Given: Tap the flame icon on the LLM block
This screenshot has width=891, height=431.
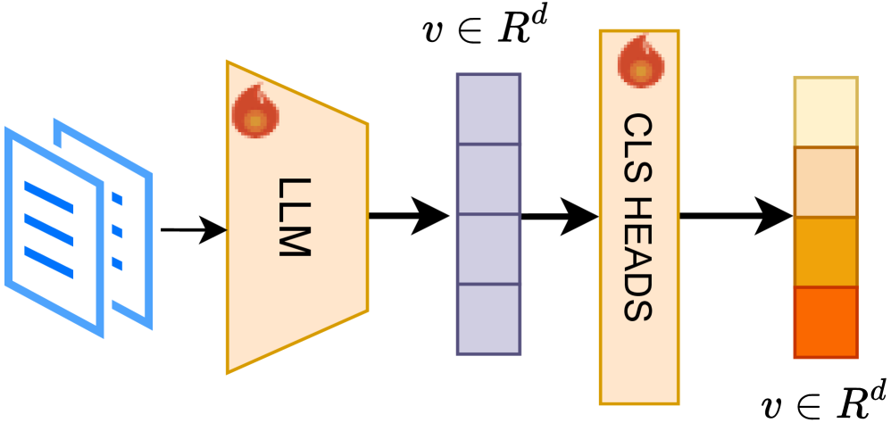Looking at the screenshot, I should pos(255,109).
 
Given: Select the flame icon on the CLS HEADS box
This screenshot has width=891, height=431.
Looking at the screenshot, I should pos(637,62).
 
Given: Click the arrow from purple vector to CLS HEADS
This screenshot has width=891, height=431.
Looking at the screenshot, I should pos(559,215).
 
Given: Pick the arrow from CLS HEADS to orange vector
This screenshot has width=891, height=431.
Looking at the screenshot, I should pos(736,215).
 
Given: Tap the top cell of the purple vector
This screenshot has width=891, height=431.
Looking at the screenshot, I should pos(488,108).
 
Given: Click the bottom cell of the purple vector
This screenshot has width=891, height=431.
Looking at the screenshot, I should pos(488,319).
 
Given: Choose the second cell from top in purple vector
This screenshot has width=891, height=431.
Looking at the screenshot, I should pos(488,178).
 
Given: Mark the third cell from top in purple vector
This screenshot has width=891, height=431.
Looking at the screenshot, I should pos(488,249).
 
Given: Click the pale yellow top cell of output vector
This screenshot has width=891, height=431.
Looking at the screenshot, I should pos(825,112).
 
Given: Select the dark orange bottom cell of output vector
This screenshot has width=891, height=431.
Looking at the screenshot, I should pos(825,322).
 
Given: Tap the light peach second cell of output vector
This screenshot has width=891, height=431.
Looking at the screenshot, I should pos(825,182).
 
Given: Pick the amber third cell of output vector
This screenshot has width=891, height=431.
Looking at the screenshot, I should pos(825,252).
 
